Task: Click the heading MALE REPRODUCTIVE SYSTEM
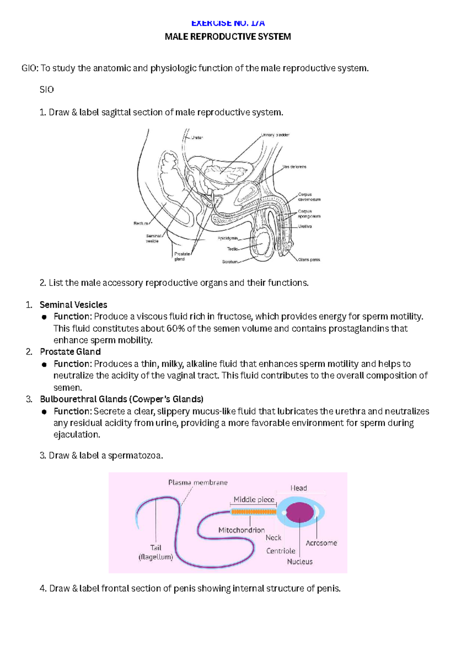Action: pyautogui.click(x=228, y=37)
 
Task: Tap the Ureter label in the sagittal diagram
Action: pyautogui.click(x=197, y=138)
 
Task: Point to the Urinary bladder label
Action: pyautogui.click(x=275, y=135)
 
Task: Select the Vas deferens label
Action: pyautogui.click(x=294, y=167)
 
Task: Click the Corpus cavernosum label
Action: pyautogui.click(x=309, y=197)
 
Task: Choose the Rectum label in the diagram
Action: pyautogui.click(x=141, y=223)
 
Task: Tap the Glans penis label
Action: pyautogui.click(x=309, y=260)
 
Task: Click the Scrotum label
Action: pyautogui.click(x=230, y=262)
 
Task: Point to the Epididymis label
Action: pyautogui.click(x=228, y=238)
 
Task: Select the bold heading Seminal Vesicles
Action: pyautogui.click(x=73, y=305)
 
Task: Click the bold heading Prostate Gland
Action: pyautogui.click(x=70, y=352)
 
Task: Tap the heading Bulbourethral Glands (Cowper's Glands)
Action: pyautogui.click(x=122, y=399)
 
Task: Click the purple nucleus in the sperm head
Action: pyautogui.click(x=300, y=512)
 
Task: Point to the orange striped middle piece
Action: pyautogui.click(x=253, y=512)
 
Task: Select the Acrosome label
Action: pyautogui.click(x=321, y=543)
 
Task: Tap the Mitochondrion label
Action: pyautogui.click(x=241, y=530)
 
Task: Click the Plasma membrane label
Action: pyautogui.click(x=198, y=483)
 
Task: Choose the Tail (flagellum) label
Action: pyautogui.click(x=156, y=552)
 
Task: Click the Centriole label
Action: pyautogui.click(x=280, y=551)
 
